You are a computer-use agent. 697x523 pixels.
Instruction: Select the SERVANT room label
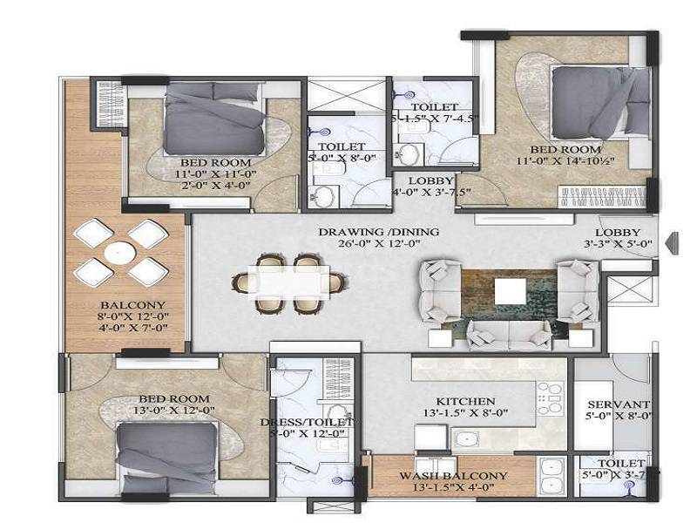618,405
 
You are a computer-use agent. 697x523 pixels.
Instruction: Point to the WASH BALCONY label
453,476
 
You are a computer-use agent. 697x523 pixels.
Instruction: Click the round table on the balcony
119,252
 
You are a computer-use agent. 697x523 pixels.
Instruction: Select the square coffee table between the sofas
508,291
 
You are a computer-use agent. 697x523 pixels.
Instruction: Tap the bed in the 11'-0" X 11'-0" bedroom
214,121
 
